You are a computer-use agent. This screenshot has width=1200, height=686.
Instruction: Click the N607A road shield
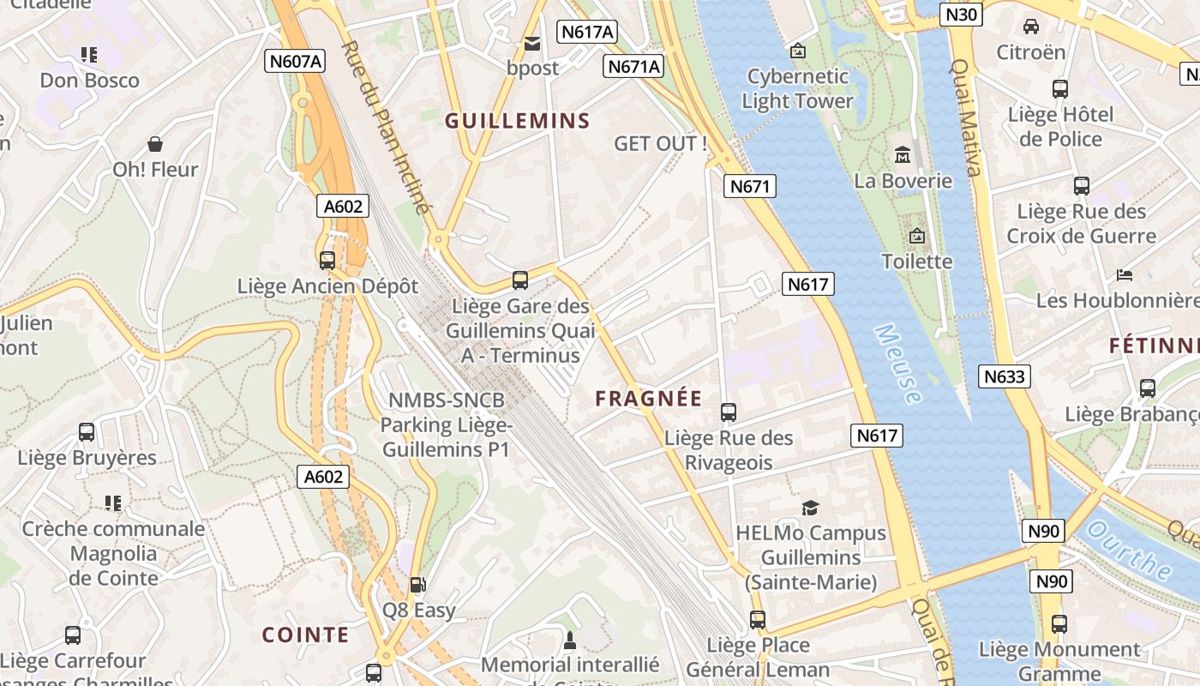pyautogui.click(x=295, y=61)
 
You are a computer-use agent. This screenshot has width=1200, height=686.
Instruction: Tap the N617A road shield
pyautogui.click(x=587, y=33)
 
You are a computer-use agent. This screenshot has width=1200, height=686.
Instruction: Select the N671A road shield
pyautogui.click(x=634, y=67)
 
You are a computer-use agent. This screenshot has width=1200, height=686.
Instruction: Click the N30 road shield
pyautogui.click(x=961, y=15)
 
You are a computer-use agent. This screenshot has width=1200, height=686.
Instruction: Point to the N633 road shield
pyautogui.click(x=1005, y=376)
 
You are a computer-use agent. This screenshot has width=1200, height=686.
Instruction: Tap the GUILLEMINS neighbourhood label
pyautogui.click(x=518, y=121)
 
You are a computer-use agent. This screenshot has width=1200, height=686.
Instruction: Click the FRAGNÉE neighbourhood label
pyautogui.click(x=649, y=399)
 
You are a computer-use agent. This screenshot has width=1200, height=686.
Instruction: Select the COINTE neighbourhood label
pyautogui.click(x=305, y=635)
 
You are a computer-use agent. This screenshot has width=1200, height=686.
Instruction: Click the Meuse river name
pyautogui.click(x=898, y=364)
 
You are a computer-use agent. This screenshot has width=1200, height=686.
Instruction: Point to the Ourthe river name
pyautogui.click(x=1131, y=550)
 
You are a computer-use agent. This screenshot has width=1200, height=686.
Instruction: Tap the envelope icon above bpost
pyautogui.click(x=532, y=44)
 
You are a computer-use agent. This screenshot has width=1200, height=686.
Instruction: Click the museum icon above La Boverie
pyautogui.click(x=903, y=155)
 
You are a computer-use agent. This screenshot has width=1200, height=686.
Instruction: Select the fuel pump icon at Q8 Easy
pyautogui.click(x=418, y=585)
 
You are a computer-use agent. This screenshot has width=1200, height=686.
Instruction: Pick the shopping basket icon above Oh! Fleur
pyautogui.click(x=155, y=144)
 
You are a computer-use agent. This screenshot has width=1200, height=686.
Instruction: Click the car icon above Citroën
pyautogui.click(x=1031, y=27)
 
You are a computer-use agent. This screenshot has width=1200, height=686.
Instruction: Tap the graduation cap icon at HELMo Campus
pyautogui.click(x=810, y=508)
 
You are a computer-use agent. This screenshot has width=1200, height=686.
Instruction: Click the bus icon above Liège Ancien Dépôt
pyautogui.click(x=327, y=260)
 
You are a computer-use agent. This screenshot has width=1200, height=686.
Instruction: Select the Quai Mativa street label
pyautogui.click(x=966, y=117)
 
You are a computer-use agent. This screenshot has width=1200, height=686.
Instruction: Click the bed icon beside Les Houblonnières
pyautogui.click(x=1125, y=275)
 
